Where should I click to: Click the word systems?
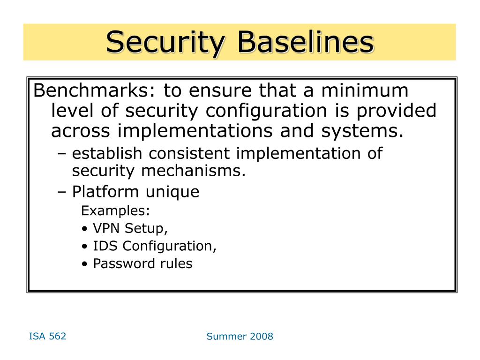[362, 132]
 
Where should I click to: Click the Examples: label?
[115, 210]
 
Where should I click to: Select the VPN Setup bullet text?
[130, 228]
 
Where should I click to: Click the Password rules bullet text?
[142, 263]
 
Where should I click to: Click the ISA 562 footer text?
[47, 337]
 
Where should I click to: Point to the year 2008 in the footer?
[261, 337]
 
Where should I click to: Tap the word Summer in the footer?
[226, 337]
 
